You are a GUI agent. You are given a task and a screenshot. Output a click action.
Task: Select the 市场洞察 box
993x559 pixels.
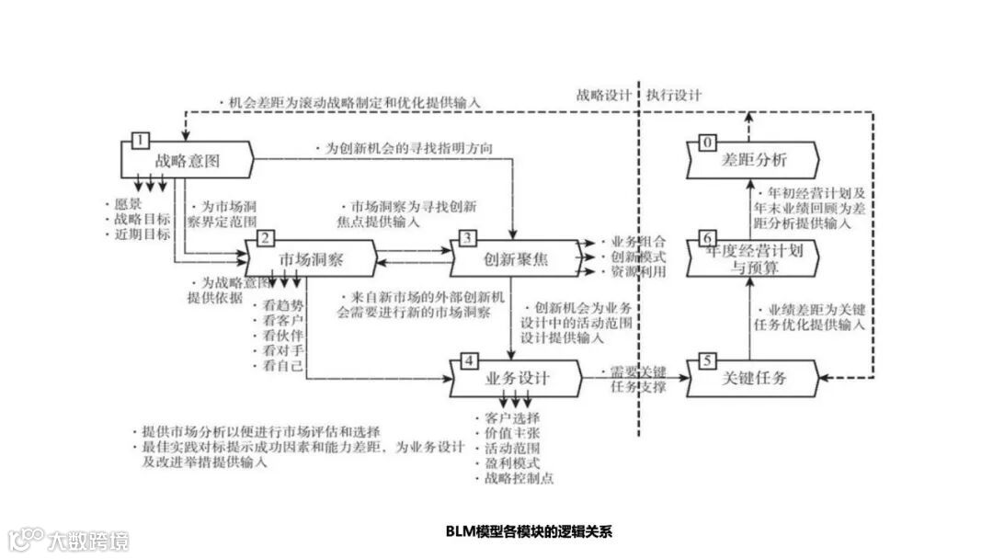click(x=312, y=259)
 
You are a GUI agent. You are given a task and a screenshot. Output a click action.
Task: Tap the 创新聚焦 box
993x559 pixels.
click(x=516, y=259)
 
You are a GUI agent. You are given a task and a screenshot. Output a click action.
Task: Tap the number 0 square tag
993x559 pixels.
click(x=707, y=142)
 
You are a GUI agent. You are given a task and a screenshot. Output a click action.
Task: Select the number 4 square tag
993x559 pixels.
click(x=469, y=360)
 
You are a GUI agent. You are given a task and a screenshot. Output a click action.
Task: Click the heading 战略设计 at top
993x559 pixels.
click(x=604, y=95)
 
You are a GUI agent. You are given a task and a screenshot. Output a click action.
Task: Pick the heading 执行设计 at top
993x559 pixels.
click(x=673, y=95)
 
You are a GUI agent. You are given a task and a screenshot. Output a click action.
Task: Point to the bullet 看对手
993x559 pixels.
click(x=282, y=350)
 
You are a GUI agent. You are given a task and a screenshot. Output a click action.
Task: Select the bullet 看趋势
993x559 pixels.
click(x=282, y=303)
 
